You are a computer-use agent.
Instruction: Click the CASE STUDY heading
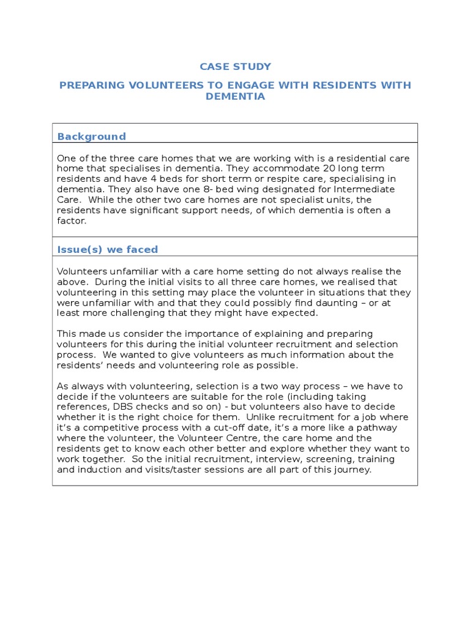tap(235, 67)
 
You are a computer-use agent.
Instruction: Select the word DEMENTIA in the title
tap(235, 97)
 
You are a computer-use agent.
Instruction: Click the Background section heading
tap(91, 137)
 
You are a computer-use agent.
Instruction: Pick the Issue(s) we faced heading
tap(107, 249)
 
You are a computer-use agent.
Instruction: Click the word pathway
tap(376, 428)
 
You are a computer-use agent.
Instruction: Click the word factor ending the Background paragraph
tap(72, 220)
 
